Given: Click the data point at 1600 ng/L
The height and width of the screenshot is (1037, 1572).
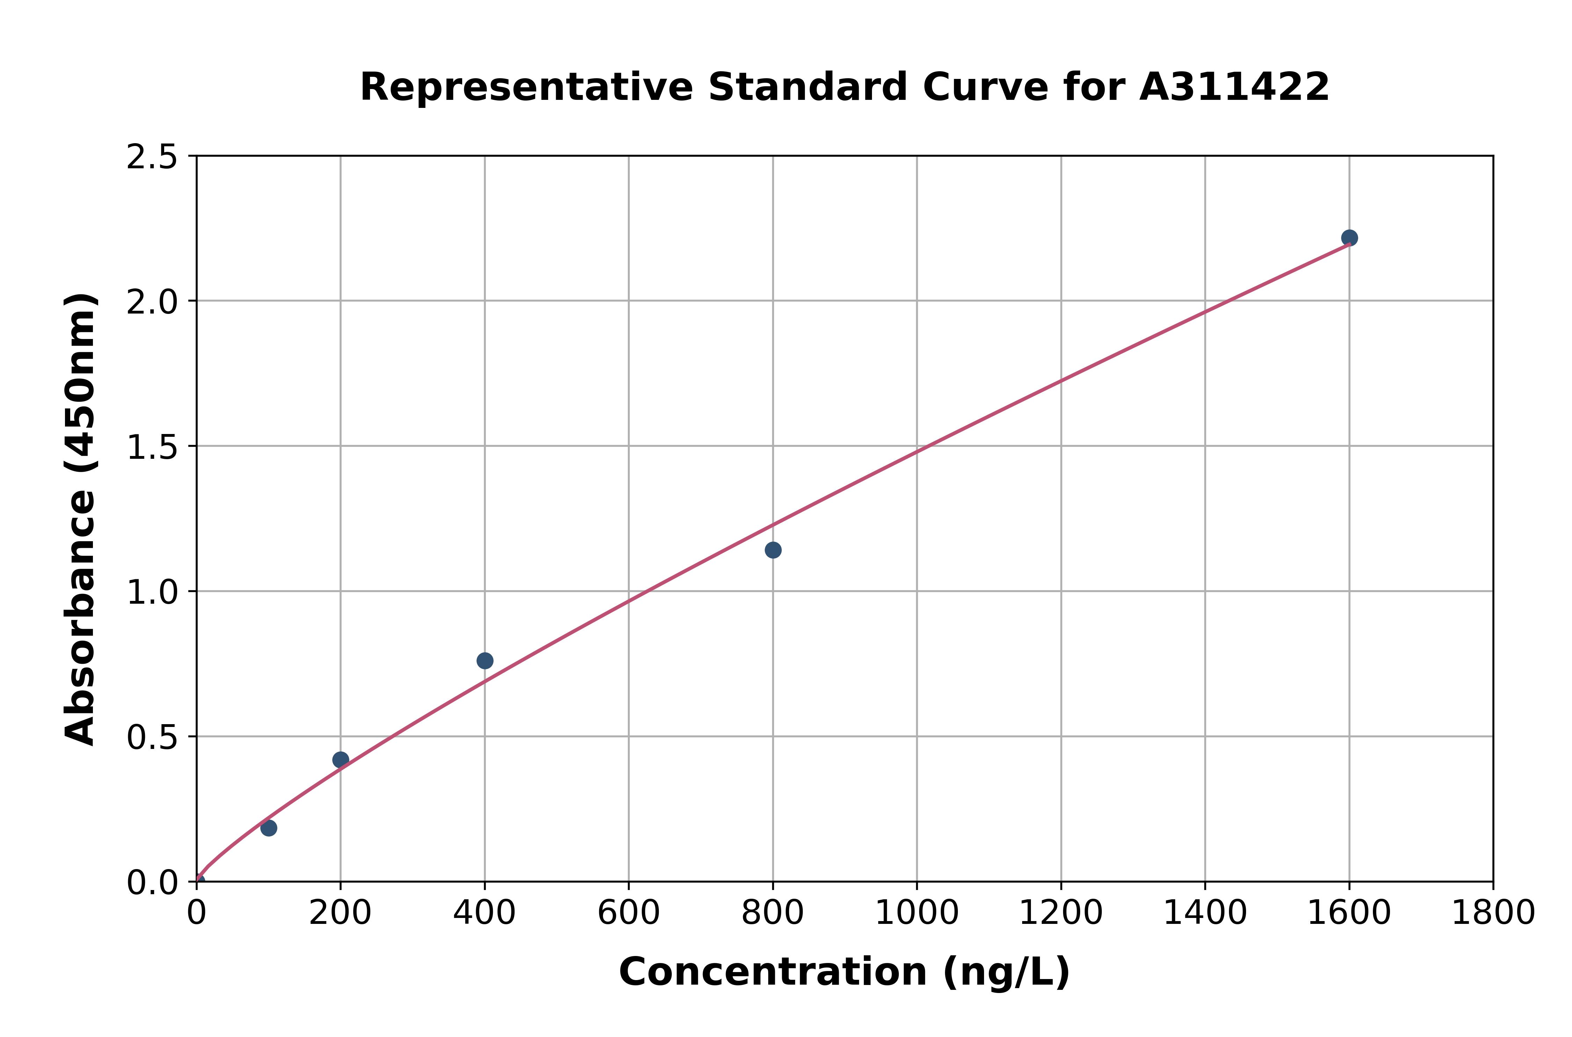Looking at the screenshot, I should click(1349, 238).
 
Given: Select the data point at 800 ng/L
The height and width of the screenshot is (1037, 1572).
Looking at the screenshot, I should click(773, 550).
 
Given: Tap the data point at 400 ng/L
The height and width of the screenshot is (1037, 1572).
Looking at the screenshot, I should click(485, 661).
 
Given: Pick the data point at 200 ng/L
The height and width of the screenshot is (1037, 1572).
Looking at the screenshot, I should click(341, 760).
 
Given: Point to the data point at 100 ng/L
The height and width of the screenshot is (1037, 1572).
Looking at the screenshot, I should click(269, 828).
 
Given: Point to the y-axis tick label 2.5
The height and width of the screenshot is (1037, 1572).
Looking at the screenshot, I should click(152, 157).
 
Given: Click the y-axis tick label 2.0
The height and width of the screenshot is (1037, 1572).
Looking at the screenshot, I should click(152, 302).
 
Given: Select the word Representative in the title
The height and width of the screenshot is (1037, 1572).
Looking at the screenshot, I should click(526, 87).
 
